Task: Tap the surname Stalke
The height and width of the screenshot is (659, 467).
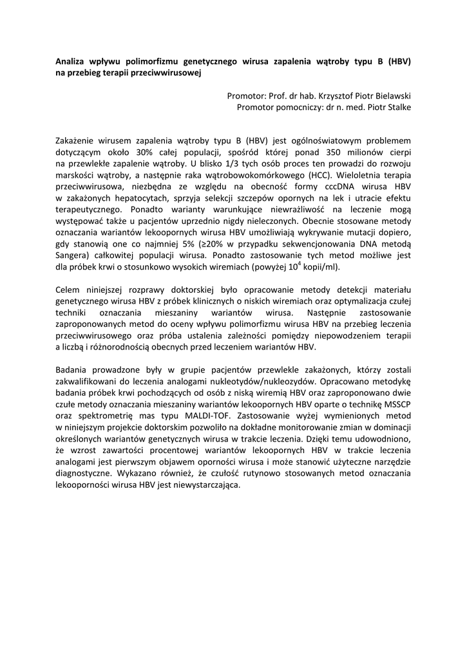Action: [x=397, y=107]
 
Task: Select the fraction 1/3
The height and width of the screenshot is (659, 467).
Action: [x=217, y=163]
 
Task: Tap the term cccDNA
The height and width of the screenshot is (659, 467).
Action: [x=337, y=186]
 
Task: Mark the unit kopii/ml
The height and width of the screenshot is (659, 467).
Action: [x=319, y=267]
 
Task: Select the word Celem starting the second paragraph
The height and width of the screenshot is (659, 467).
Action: [x=70, y=289]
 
